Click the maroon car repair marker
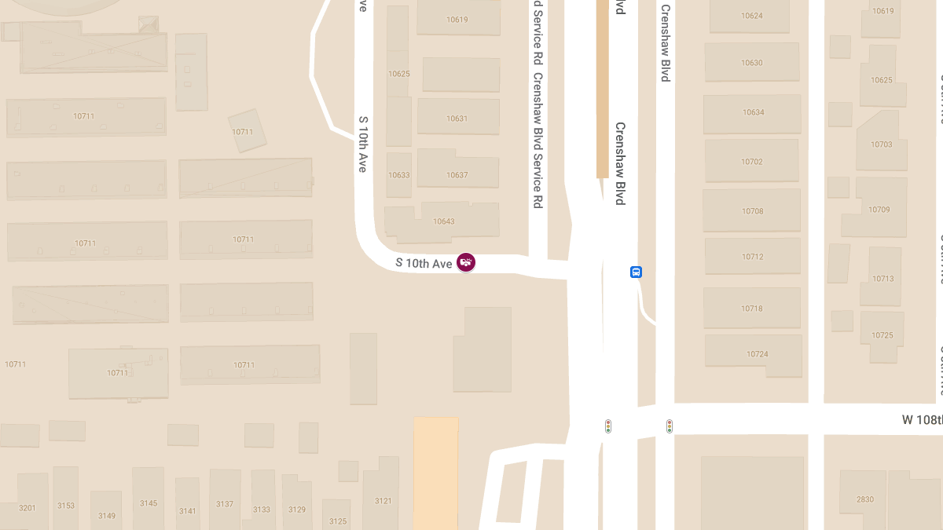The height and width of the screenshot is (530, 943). pyautogui.click(x=466, y=262)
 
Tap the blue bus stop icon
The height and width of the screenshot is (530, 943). pyautogui.click(x=636, y=272)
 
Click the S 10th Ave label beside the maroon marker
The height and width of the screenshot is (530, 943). pyautogui.click(x=424, y=263)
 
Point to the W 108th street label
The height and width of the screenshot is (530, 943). pyautogui.click(x=922, y=420)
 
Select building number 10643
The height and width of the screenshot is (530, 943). pyautogui.click(x=444, y=221)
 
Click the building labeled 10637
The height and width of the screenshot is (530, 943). pyautogui.click(x=457, y=175)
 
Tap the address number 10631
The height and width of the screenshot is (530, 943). pyautogui.click(x=457, y=119)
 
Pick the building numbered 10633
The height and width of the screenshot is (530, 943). pyautogui.click(x=399, y=175)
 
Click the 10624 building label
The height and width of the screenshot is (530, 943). pyautogui.click(x=752, y=16)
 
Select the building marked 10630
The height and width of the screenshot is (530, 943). pyautogui.click(x=752, y=63)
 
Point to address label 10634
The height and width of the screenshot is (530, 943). pyautogui.click(x=753, y=112)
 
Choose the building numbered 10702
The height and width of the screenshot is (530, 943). pyautogui.click(x=752, y=162)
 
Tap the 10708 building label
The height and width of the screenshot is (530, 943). pyautogui.click(x=753, y=211)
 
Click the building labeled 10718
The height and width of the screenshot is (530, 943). pyautogui.click(x=752, y=309)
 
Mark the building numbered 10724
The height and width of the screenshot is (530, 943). pyautogui.click(x=758, y=354)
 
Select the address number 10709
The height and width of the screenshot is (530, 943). pyautogui.click(x=879, y=210)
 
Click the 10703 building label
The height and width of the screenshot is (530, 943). pyautogui.click(x=882, y=144)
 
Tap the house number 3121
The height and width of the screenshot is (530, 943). pyautogui.click(x=383, y=501)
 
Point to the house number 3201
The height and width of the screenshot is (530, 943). pyautogui.click(x=28, y=508)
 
